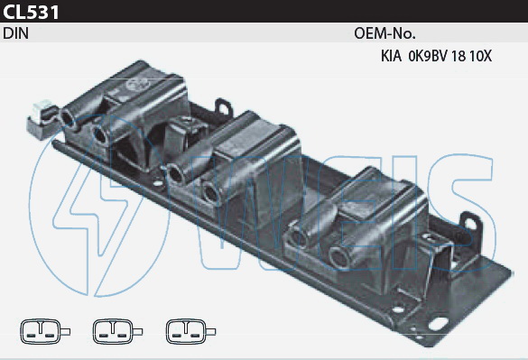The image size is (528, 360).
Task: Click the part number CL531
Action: (x=31, y=12)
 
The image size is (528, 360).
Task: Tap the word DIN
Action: (x=16, y=33)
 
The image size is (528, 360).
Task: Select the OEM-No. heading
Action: (x=384, y=33)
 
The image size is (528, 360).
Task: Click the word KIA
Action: (x=391, y=56)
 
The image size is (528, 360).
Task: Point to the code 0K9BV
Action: (x=427, y=56)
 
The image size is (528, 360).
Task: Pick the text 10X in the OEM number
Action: (x=480, y=56)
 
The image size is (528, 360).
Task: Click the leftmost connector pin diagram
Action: (x=45, y=332)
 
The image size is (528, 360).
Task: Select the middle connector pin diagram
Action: (x=117, y=332)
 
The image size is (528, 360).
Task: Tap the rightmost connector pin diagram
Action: (x=190, y=332)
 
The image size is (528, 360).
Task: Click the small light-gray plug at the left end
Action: (x=42, y=120)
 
